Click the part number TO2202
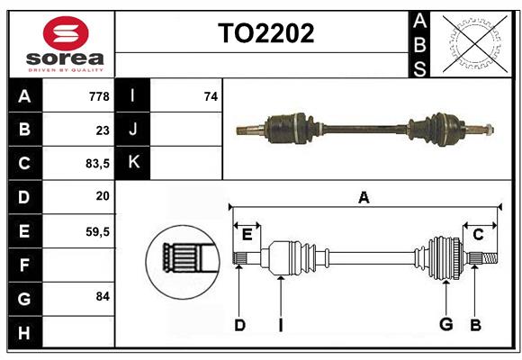tap(266, 33)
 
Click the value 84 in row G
tap(102, 296)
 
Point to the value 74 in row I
tap(211, 95)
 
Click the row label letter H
tap(24, 333)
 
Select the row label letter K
tap(133, 163)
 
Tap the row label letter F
tap(24, 265)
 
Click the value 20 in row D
tap(102, 195)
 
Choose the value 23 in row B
tap(102, 130)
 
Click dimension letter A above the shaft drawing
tap(364, 197)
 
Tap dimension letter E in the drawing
tap(247, 235)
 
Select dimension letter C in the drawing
tap(478, 235)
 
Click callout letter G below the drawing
tap(445, 325)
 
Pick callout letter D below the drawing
tap(239, 325)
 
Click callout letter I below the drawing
tap(280, 325)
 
